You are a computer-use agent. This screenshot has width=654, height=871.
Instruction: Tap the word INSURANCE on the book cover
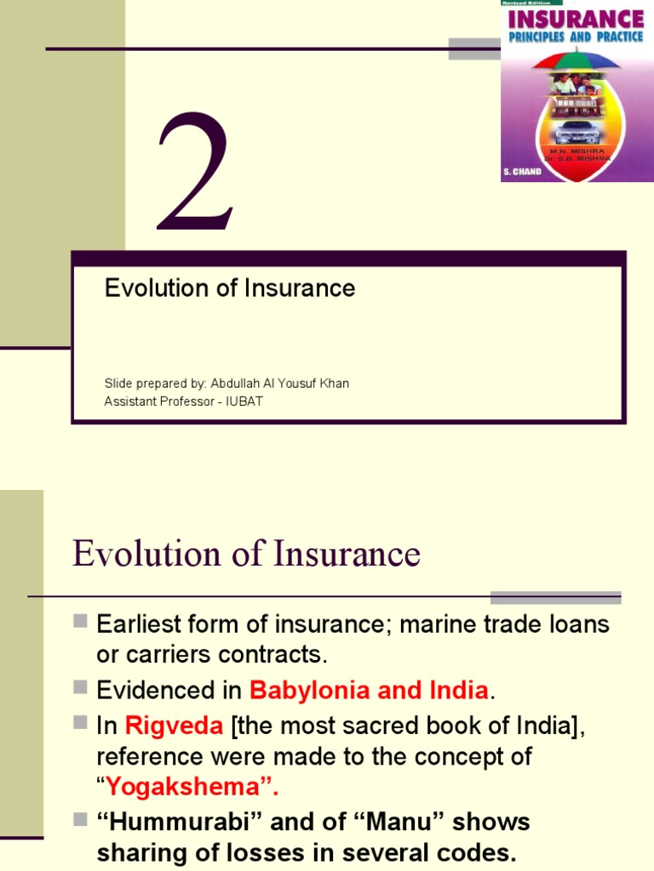(x=577, y=19)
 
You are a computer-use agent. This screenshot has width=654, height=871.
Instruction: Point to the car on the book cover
(x=577, y=132)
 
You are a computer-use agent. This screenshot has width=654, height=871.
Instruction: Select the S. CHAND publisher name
(x=522, y=171)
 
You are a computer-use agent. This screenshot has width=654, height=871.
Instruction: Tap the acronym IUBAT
(x=244, y=401)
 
